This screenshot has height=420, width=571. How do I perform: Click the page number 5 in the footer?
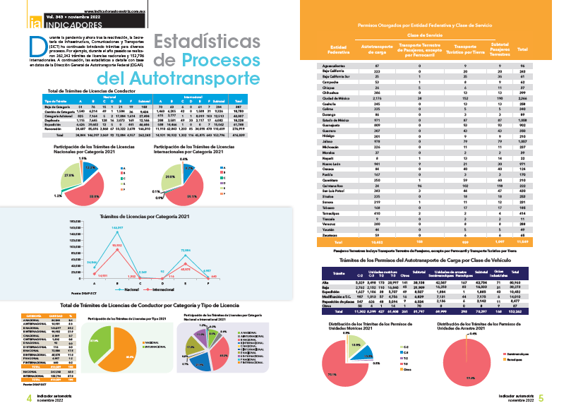(541, 399)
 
